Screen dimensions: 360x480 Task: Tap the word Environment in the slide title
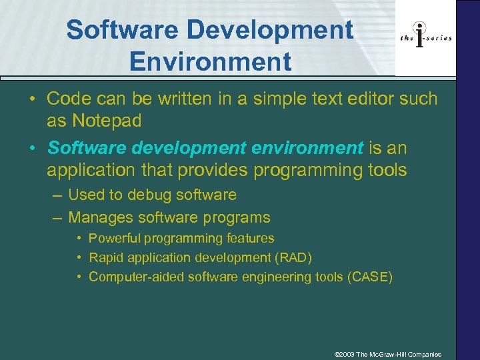tap(211, 61)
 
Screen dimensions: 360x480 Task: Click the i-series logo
tap(426, 38)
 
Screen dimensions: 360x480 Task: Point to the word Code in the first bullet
tap(69, 99)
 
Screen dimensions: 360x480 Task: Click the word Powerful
tap(115, 238)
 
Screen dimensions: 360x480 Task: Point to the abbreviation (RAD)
tap(294, 257)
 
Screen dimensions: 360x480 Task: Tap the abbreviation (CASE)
tap(370, 277)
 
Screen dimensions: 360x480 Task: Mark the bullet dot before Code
tap(32, 99)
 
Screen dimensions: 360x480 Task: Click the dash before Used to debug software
tap(57, 195)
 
